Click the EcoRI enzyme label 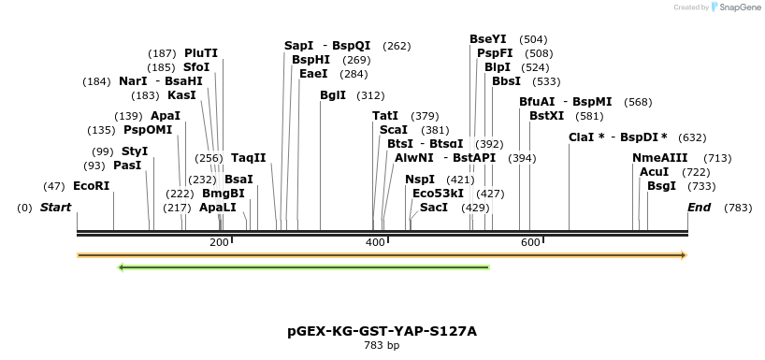pos(91,186)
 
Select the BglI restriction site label pos(332,95)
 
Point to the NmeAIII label pos(659,158)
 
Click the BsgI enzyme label pos(661,186)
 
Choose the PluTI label pos(201,53)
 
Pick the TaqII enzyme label pos(249,158)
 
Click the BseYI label pos(487,39)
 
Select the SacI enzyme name pos(434,207)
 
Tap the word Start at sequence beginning pos(55,207)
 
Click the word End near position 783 pos(699,207)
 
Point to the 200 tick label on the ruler pos(219,242)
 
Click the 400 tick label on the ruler pos(376,242)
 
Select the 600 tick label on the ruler pos(530,242)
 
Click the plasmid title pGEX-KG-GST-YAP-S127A pos(382,331)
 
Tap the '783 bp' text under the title pos(382,345)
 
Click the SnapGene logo pos(736,7)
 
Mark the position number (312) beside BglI pos(370,95)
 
